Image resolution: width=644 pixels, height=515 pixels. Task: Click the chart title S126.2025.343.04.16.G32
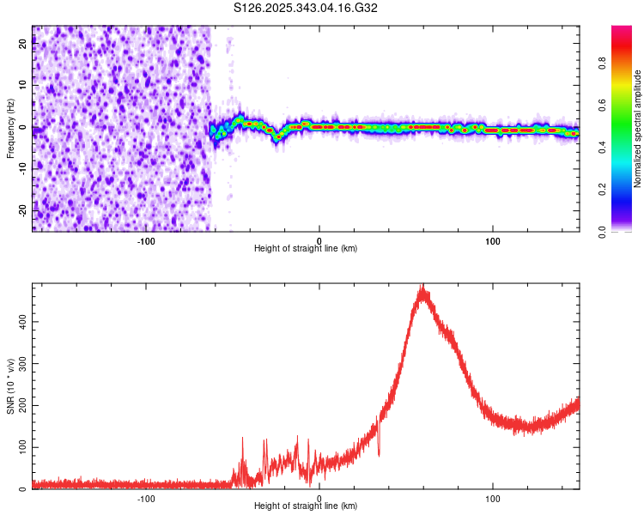coord(307,8)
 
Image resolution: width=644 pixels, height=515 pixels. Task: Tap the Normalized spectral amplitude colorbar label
coord(637,129)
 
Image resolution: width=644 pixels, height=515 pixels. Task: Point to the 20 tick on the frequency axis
coord(23,45)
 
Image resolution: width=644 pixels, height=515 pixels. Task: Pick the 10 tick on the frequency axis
coord(23,86)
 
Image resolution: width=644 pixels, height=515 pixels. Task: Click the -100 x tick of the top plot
coord(145,239)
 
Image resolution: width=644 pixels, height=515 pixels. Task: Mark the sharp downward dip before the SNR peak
coord(380,452)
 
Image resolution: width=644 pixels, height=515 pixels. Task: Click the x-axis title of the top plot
coord(306,249)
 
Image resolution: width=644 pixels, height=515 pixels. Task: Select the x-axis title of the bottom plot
coord(306,506)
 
